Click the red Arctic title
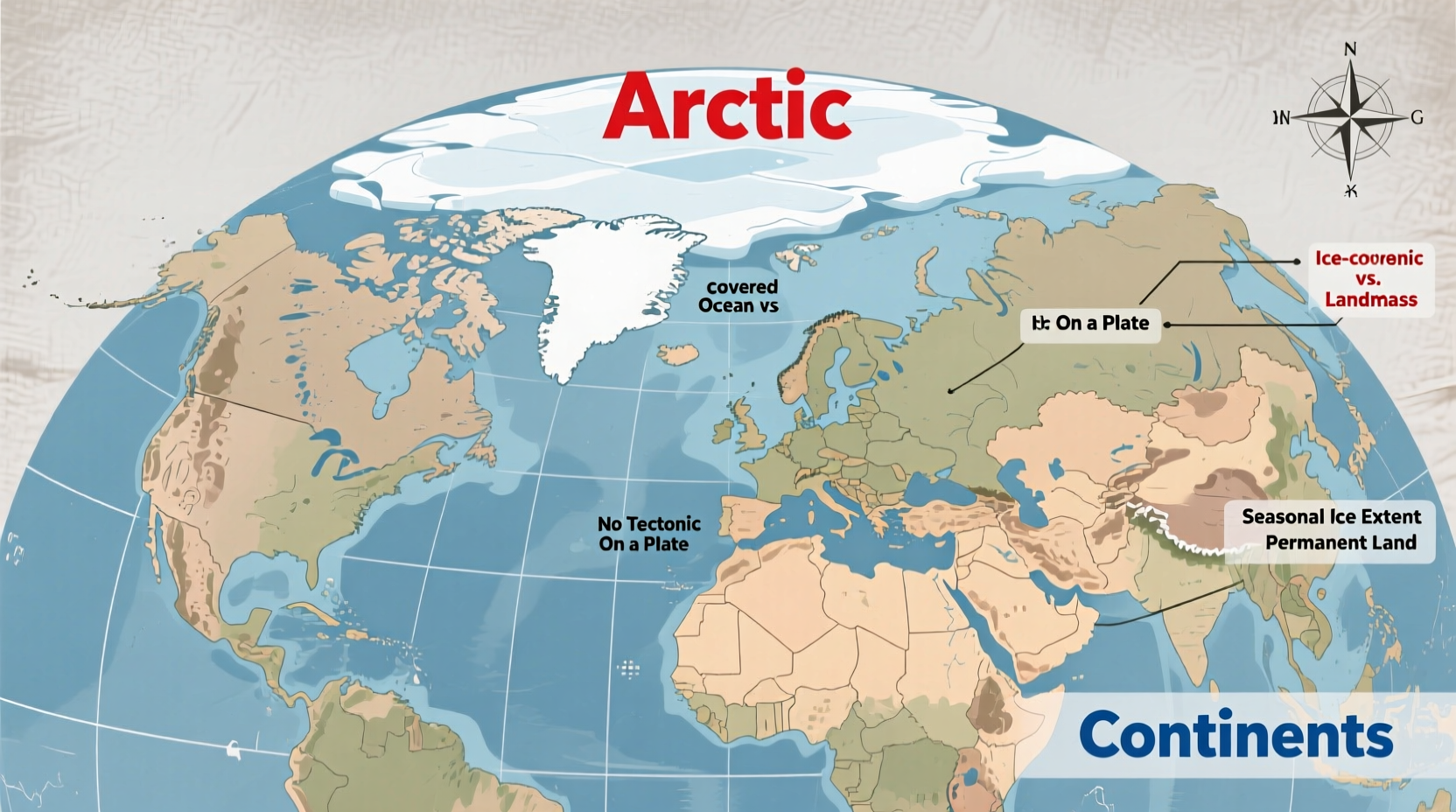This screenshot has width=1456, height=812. click(726, 107)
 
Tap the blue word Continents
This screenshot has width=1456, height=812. click(1235, 735)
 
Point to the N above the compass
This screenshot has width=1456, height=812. click(1350, 50)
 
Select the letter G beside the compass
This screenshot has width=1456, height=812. click(1417, 118)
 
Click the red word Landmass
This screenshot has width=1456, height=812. click(1370, 299)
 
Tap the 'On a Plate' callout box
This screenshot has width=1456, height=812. click(1090, 324)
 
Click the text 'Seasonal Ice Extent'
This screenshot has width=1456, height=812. click(1331, 516)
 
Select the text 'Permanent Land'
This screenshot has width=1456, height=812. click(1340, 542)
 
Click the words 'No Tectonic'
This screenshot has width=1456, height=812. click(648, 523)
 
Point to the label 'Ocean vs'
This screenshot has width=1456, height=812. click(738, 305)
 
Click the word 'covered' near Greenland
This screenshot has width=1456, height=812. click(742, 286)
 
